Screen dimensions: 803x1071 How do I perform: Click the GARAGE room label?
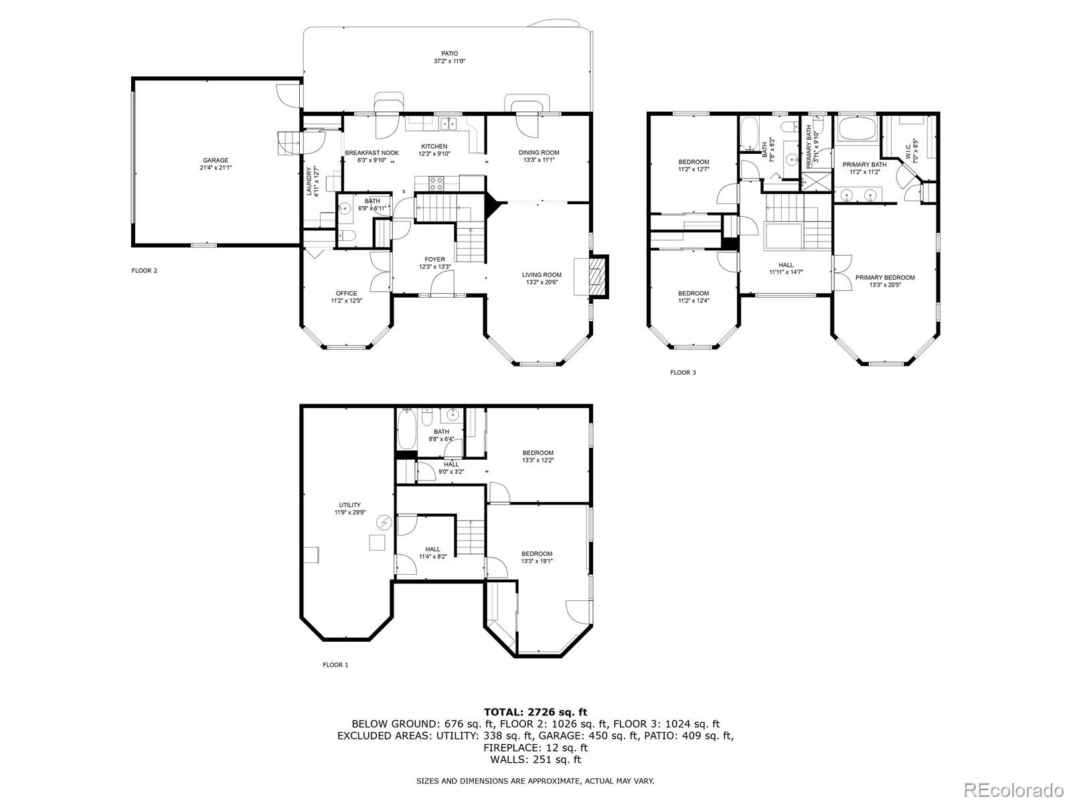216,161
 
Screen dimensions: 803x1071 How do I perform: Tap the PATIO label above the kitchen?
449,54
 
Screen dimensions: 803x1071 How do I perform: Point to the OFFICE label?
346,293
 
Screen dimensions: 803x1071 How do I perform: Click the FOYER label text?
434,260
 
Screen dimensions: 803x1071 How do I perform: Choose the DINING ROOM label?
539,153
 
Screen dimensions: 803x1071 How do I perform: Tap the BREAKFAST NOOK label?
372,153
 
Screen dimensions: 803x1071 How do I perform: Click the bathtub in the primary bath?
857,128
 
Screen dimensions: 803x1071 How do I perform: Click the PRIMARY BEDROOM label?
884,278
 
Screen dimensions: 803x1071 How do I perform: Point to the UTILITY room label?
349,505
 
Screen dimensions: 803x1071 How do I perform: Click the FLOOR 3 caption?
683,373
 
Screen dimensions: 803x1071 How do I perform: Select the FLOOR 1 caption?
335,665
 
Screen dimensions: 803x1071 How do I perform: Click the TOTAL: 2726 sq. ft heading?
535,712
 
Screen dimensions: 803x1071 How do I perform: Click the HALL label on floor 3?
786,265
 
